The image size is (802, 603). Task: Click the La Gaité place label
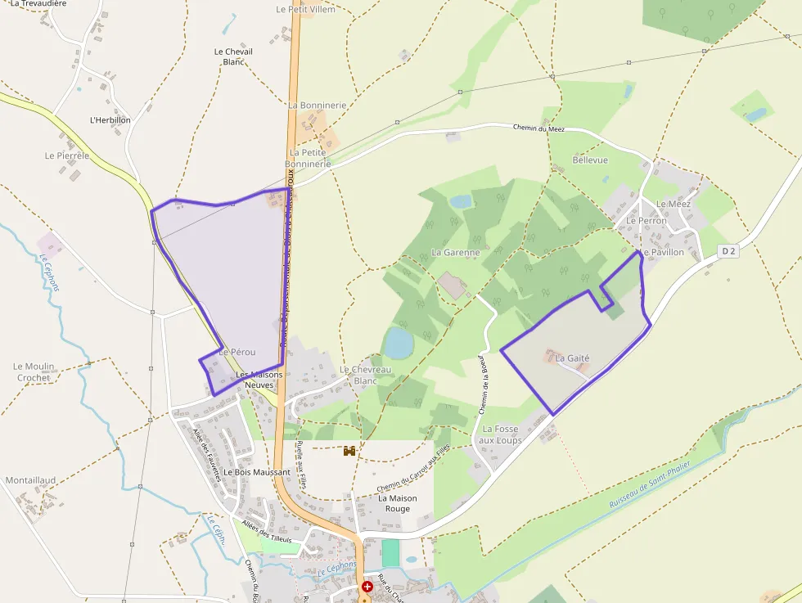pyautogui.click(x=572, y=358)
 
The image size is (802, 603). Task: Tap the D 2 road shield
pyautogui.click(x=728, y=251)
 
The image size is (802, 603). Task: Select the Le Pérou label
pyautogui.click(x=237, y=352)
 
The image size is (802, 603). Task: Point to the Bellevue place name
pyautogui.click(x=590, y=160)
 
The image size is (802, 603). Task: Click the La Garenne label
pyautogui.click(x=455, y=253)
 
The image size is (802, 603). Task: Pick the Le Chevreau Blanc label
pyautogui.click(x=365, y=375)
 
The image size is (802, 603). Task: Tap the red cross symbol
pyautogui.click(x=367, y=587)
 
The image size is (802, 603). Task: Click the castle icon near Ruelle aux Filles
pyautogui.click(x=349, y=451)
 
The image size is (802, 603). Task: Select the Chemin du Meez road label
pyautogui.click(x=538, y=128)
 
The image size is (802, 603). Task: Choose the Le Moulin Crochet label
pyautogui.click(x=34, y=372)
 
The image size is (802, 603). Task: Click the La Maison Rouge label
pyautogui.click(x=397, y=503)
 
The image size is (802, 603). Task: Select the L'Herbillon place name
pyautogui.click(x=110, y=119)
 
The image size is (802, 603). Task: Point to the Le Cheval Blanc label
pyautogui.click(x=233, y=56)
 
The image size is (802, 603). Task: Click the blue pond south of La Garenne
pyautogui.click(x=399, y=343)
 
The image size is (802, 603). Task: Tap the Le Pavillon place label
pyautogui.click(x=663, y=253)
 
